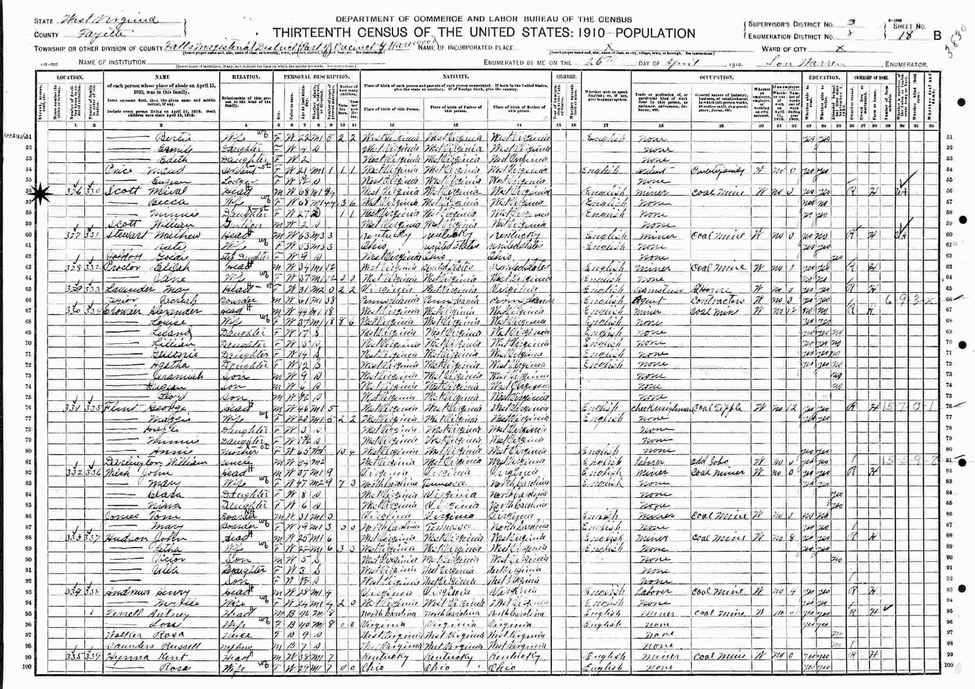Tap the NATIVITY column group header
point(455,77)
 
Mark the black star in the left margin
point(43,194)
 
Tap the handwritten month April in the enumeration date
point(685,62)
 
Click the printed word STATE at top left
point(43,21)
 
